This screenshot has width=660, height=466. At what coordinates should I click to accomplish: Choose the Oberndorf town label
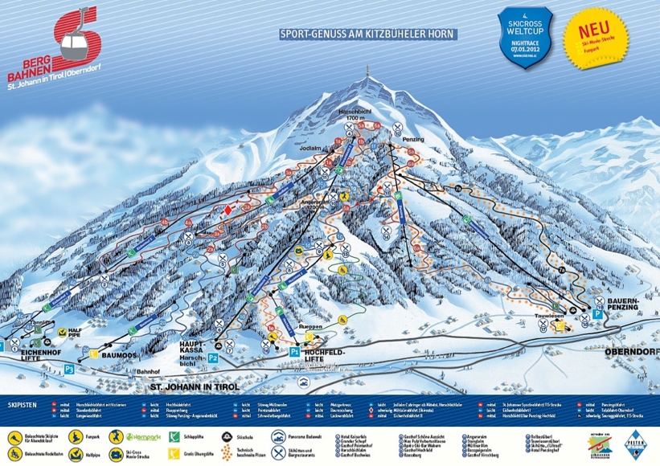(629, 350)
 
